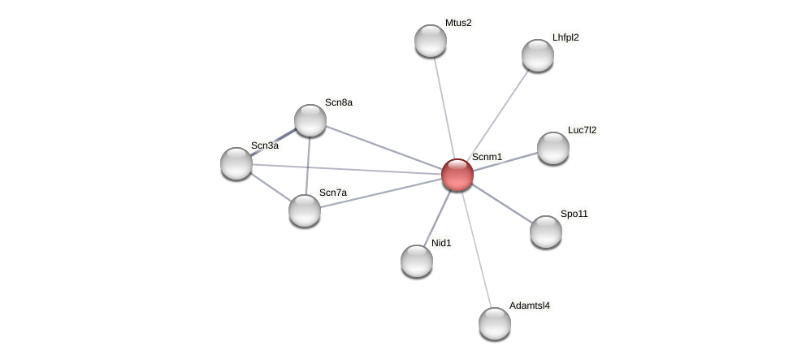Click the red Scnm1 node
[457, 175]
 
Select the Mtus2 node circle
[431, 41]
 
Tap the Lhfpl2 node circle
[538, 55]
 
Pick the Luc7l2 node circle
[553, 148]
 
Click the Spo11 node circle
[546, 232]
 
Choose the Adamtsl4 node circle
[495, 323]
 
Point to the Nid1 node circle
[417, 261]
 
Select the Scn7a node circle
[305, 210]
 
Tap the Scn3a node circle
[236, 163]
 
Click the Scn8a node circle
[310, 120]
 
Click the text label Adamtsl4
[530, 306]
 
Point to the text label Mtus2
[458, 23]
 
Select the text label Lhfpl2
[565, 37]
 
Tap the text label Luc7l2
[582, 130]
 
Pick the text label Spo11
[574, 214]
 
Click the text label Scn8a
[339, 102]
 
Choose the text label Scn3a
[265, 145]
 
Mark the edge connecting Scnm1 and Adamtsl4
[476, 249]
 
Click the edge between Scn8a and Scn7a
[308, 165]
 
